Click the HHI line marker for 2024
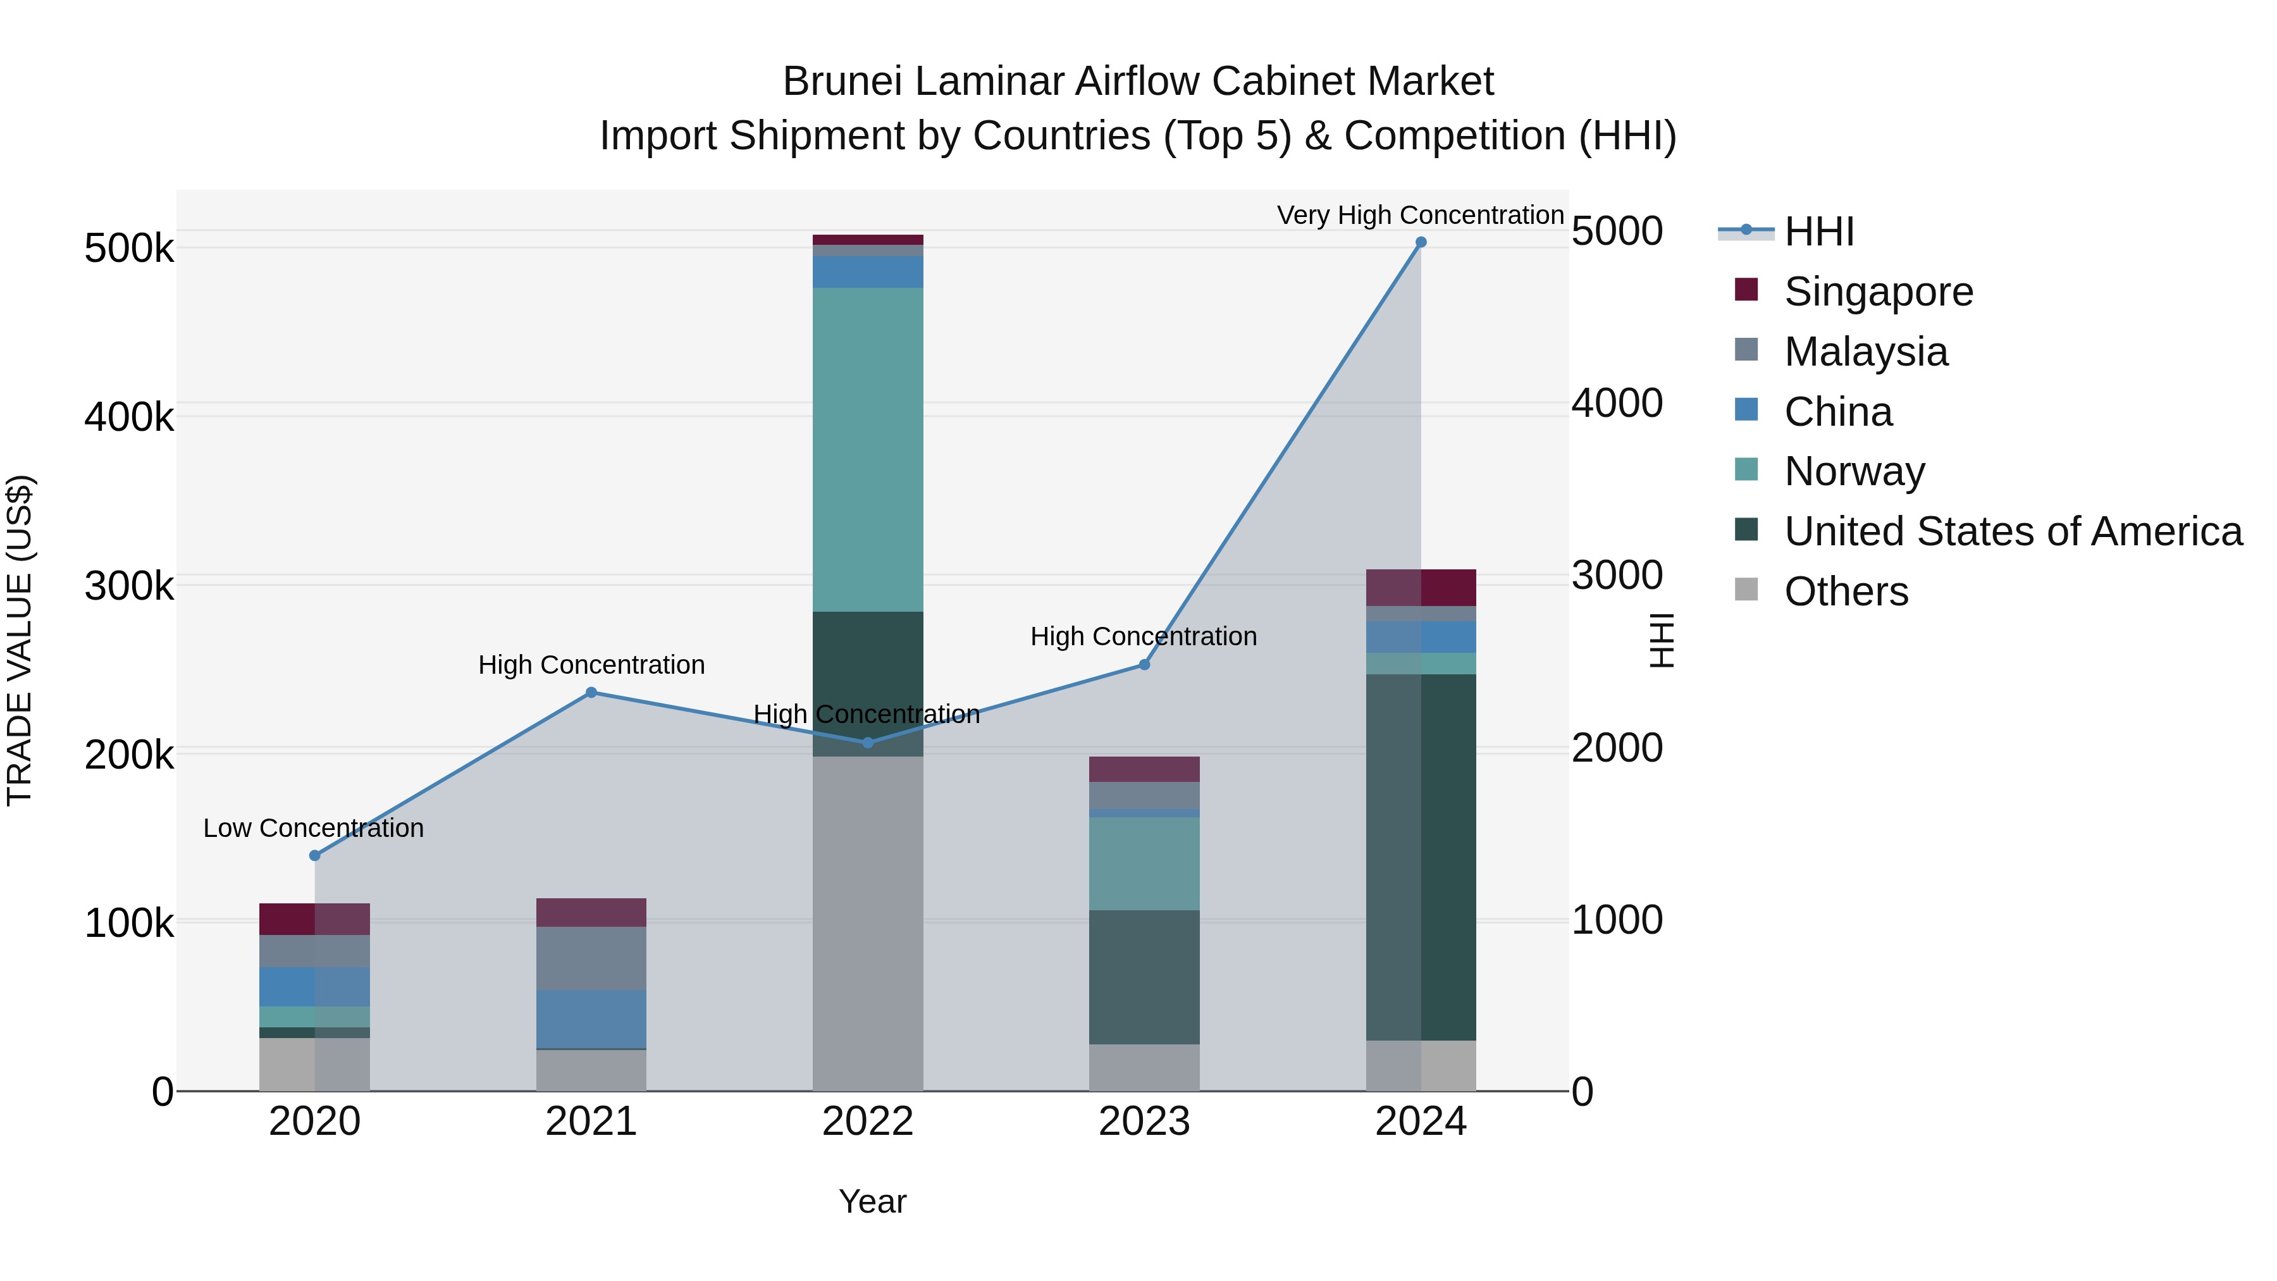tap(1421, 242)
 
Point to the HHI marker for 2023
tap(1144, 664)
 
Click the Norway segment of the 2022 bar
tap(867, 449)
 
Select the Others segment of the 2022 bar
tap(867, 923)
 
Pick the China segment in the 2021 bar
tap(591, 1018)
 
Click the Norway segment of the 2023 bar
tap(1144, 863)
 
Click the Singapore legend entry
tap(1879, 291)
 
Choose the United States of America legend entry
tap(2013, 531)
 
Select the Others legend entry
tap(1846, 591)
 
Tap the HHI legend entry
tap(1818, 232)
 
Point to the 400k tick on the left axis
tap(129, 416)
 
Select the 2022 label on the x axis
tap(867, 1121)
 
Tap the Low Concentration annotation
tap(313, 827)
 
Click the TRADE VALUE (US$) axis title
tap(20, 640)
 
